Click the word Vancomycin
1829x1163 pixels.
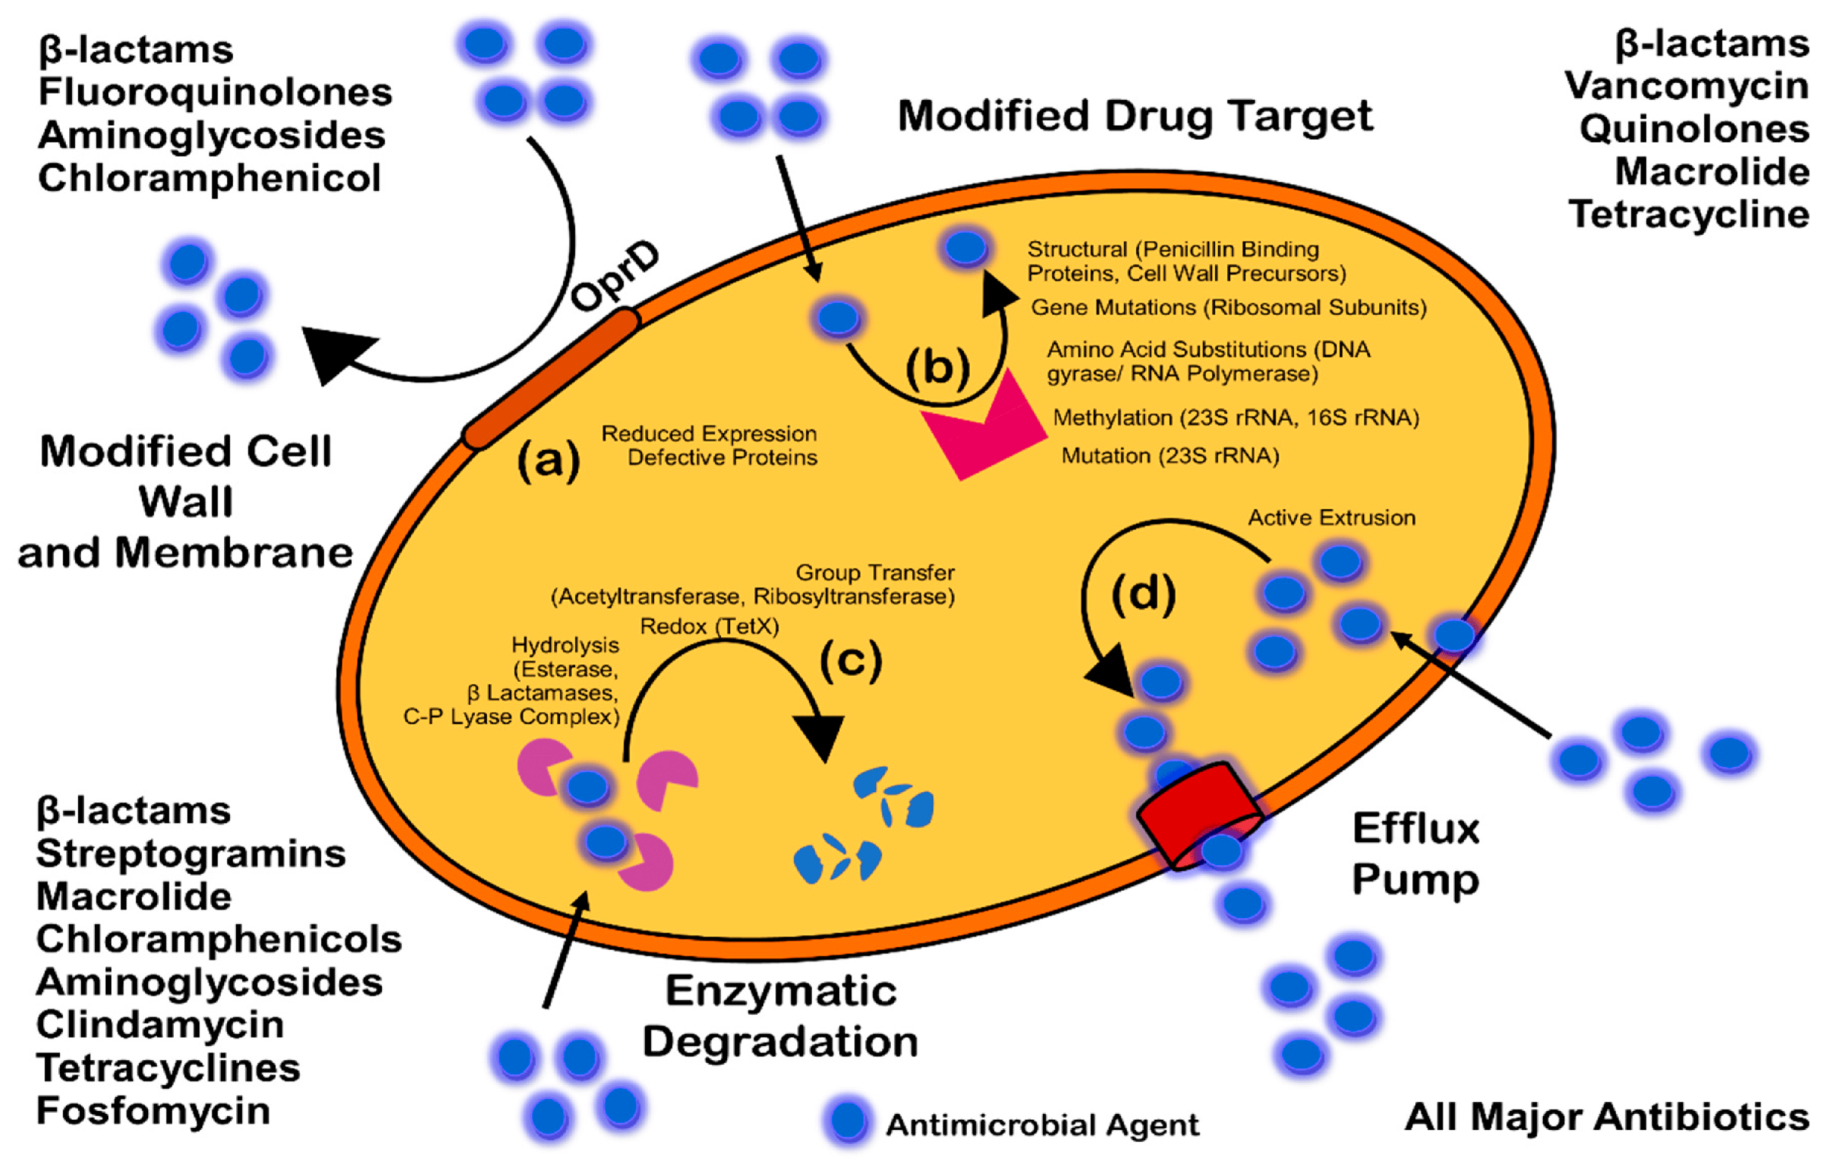[x=1686, y=86]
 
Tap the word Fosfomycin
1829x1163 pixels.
[x=153, y=1111]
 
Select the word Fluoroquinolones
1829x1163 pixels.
[x=215, y=92]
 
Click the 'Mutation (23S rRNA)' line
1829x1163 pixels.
[x=1170, y=456]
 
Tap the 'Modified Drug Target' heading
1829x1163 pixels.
[x=1135, y=116]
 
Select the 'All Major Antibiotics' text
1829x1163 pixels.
[x=1607, y=1117]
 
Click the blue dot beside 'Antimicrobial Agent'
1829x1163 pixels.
[x=848, y=1121]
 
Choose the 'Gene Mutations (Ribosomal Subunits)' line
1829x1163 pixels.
[x=1228, y=307]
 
